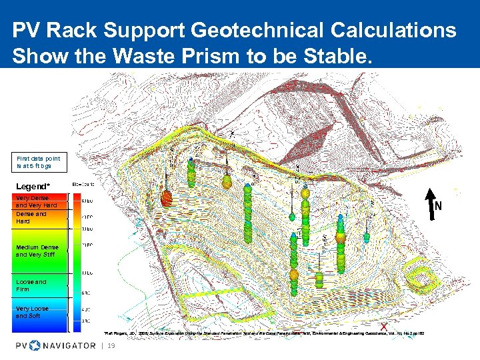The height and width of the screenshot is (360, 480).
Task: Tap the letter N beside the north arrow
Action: (x=438, y=207)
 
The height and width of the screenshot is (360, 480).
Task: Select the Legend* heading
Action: (x=34, y=185)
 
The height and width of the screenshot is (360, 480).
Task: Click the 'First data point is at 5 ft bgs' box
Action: (x=39, y=161)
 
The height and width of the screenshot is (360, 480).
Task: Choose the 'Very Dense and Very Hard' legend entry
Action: (x=36, y=201)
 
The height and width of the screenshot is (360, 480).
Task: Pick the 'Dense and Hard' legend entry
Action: (x=31, y=217)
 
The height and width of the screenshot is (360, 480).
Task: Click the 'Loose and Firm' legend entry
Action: (x=31, y=285)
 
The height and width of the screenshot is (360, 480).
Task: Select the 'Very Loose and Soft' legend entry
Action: (x=32, y=312)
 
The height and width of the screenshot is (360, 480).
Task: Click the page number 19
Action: (x=111, y=345)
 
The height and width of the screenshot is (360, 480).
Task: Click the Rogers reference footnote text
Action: (x=263, y=333)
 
